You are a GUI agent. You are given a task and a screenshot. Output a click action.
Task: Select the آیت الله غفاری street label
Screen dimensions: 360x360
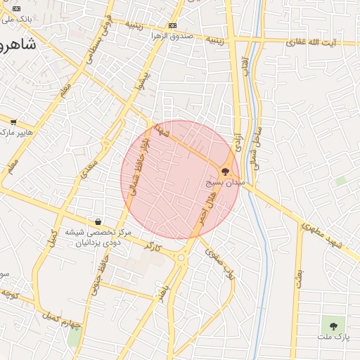311,43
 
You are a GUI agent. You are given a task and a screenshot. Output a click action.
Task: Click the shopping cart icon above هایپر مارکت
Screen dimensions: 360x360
13,122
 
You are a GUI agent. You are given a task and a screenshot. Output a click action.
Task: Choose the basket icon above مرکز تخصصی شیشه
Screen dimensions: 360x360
97,221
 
